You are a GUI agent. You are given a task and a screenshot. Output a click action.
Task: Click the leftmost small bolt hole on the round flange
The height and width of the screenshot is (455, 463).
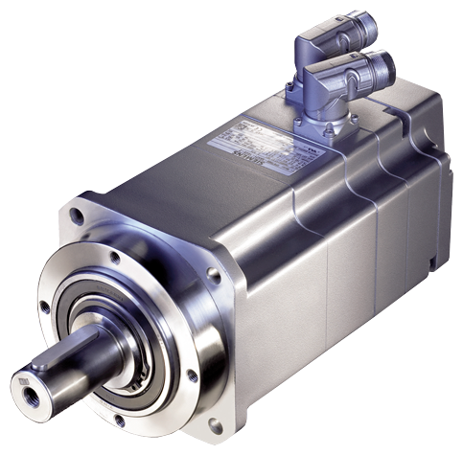(44, 307)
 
